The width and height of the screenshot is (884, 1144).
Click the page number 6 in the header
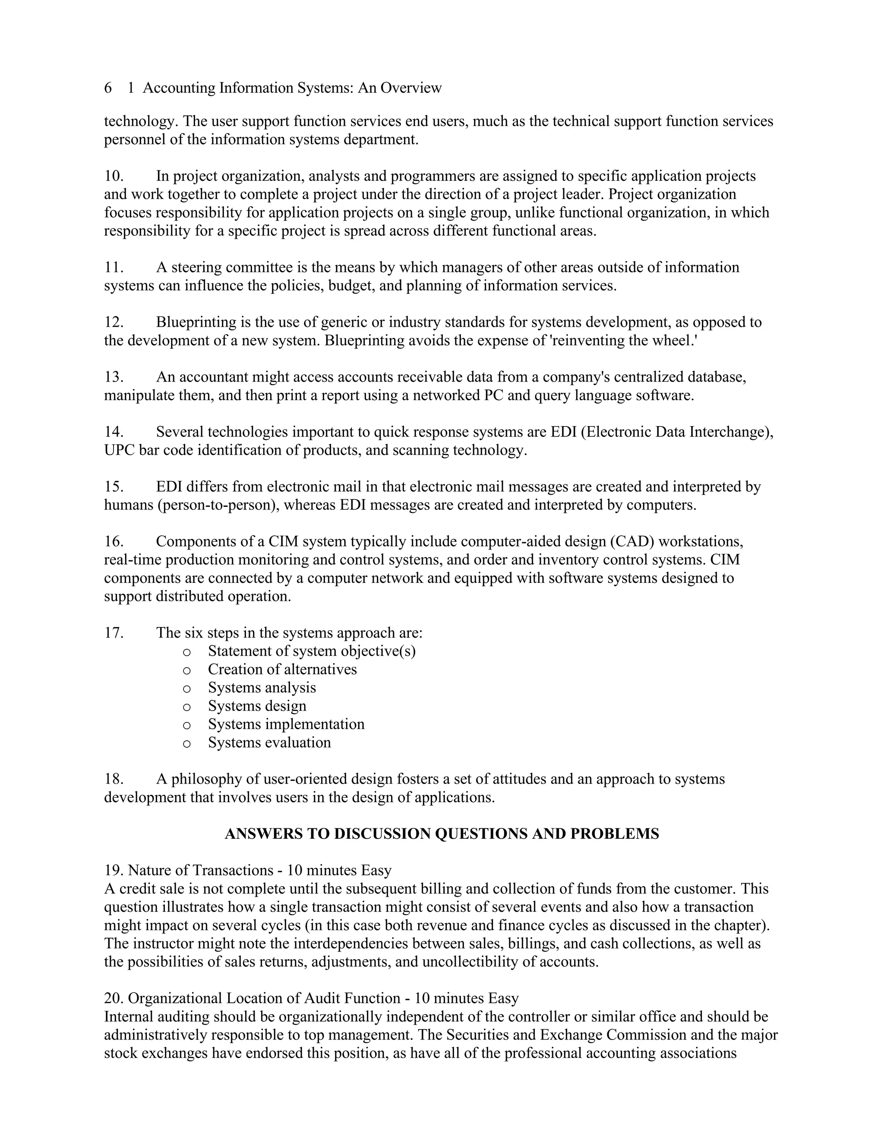(108, 88)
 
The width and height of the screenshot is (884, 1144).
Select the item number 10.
(113, 176)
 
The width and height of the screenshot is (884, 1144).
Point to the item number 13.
(113, 377)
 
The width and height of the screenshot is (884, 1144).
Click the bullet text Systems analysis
(262, 688)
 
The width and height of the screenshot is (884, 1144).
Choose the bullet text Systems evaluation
(269, 743)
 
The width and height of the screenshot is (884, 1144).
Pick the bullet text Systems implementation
(286, 724)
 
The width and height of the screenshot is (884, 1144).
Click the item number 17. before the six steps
(113, 633)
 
